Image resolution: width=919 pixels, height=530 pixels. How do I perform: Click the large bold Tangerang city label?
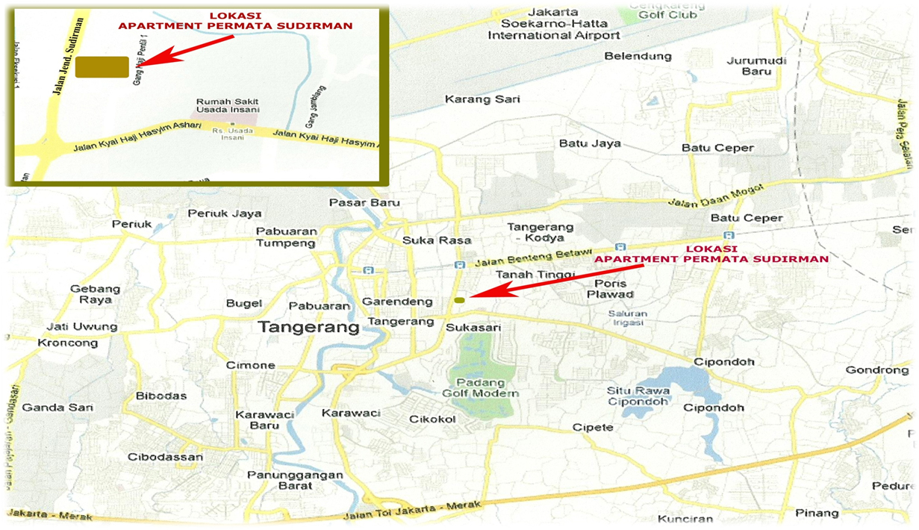click(309, 327)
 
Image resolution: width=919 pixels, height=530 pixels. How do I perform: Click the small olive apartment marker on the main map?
click(459, 300)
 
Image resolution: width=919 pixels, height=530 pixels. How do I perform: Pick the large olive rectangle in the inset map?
click(102, 67)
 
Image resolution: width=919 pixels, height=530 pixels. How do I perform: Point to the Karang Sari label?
click(482, 99)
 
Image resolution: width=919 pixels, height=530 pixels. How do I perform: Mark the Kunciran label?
click(682, 519)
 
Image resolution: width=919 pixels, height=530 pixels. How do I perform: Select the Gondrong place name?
click(876, 370)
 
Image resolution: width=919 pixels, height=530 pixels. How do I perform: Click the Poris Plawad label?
click(614, 289)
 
